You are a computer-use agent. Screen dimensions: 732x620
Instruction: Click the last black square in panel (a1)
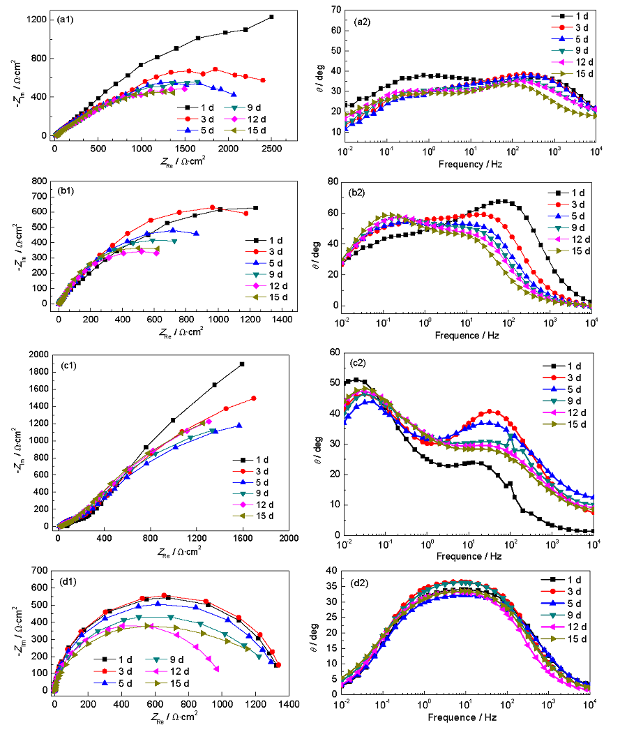click(x=271, y=17)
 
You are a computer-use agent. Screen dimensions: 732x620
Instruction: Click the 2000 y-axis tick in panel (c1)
click(x=38, y=356)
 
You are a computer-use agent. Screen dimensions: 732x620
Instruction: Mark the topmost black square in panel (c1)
click(x=242, y=364)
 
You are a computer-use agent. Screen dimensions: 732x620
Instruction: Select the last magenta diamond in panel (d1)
click(x=217, y=669)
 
